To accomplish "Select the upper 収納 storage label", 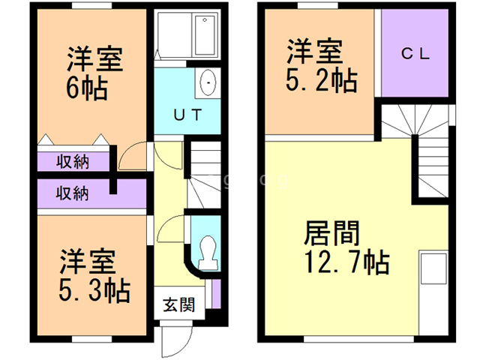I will coord(72,162).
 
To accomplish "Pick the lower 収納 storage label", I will coord(72,193).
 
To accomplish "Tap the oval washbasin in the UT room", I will coord(207,82).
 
